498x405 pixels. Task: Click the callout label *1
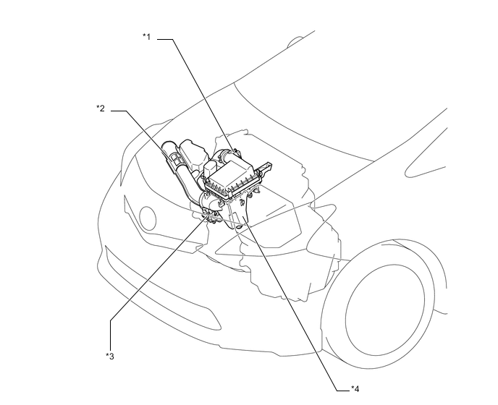[146, 37]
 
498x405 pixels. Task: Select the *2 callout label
[101, 108]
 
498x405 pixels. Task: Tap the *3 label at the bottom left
[109, 356]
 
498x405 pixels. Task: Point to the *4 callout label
[355, 388]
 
